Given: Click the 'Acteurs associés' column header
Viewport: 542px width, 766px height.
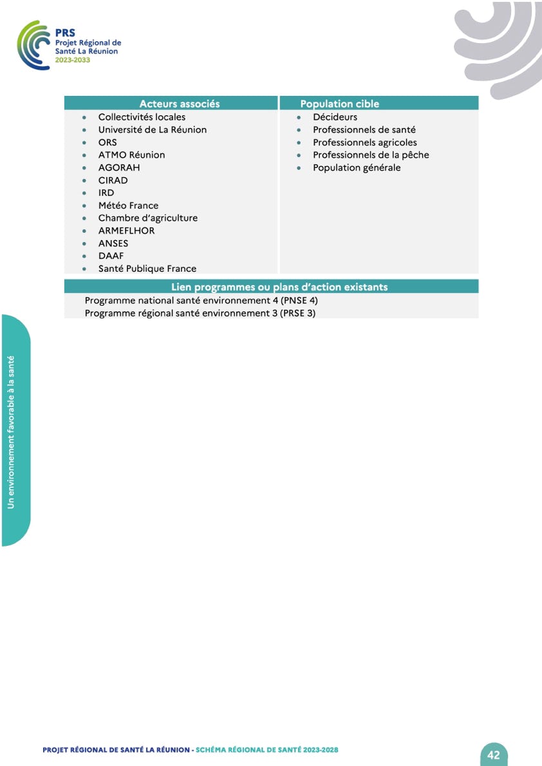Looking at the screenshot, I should click(x=180, y=104).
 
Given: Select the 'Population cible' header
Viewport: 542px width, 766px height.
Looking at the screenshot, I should click(x=339, y=104).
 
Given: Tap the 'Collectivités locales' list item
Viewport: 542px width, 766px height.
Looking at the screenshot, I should click(x=142, y=117).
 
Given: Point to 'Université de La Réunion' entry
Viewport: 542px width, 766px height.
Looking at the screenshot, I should click(x=153, y=129).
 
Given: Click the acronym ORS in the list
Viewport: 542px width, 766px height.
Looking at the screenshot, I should click(x=107, y=142).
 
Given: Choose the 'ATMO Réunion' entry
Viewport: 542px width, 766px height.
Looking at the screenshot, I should click(x=131, y=155).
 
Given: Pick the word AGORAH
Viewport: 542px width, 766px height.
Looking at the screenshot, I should click(x=119, y=167).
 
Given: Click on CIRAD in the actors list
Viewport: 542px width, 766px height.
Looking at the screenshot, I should click(x=113, y=180).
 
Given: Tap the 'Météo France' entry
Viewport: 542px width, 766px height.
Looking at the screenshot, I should click(x=128, y=205).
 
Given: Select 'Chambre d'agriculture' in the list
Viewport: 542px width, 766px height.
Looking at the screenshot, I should click(x=148, y=218).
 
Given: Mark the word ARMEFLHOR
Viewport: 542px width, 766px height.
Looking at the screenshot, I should click(x=126, y=230).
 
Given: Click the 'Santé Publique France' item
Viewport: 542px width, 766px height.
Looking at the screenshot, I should click(x=147, y=268).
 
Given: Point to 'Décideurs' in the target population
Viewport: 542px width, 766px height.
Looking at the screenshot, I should click(x=335, y=117).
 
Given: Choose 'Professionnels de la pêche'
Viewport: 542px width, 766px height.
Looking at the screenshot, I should click(x=371, y=155).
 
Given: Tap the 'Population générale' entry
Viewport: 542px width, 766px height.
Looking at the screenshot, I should click(x=357, y=167).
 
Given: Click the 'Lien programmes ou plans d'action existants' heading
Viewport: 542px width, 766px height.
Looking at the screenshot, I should click(x=279, y=287).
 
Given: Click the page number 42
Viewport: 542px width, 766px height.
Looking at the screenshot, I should click(x=494, y=755).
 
